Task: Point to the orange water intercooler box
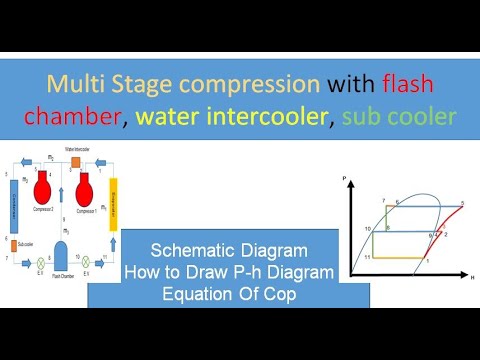74,160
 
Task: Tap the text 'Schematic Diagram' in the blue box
228,249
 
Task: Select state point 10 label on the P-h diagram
368,230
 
